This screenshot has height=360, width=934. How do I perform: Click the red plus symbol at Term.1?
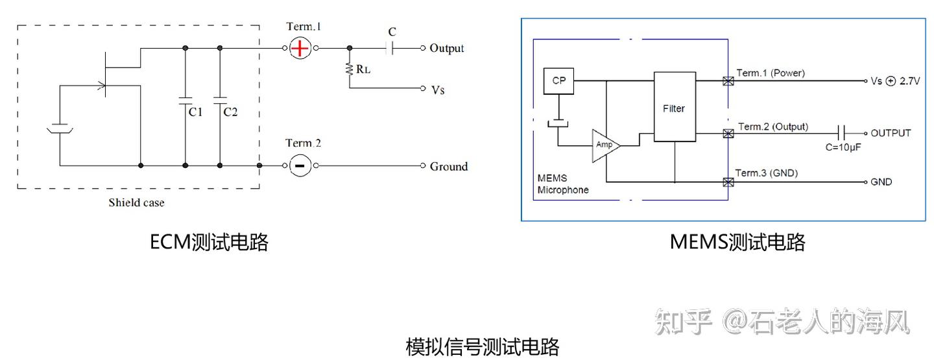tap(300, 48)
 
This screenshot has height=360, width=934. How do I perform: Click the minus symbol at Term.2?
tap(300, 165)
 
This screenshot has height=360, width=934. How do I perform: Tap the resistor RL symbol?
tap(350, 68)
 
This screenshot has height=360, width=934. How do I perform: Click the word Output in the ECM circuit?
tap(447, 48)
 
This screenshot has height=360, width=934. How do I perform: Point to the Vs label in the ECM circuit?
tap(438, 89)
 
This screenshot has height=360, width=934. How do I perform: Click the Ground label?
tap(448, 166)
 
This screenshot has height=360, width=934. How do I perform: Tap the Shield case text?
tap(136, 202)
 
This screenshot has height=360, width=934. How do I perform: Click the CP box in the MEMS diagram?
tap(558, 81)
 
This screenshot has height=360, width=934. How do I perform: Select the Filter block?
tap(673, 108)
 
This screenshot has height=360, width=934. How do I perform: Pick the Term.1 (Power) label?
tap(771, 73)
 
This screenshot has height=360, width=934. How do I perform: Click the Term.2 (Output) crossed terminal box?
tap(728, 133)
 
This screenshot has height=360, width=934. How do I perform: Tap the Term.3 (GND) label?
tap(766, 173)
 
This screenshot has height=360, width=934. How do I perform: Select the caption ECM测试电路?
tap(209, 243)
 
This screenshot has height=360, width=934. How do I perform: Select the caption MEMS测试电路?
tap(737, 243)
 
